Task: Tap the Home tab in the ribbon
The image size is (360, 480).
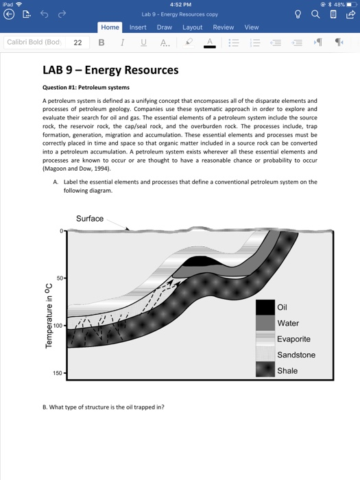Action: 110,27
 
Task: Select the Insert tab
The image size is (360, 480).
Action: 138,27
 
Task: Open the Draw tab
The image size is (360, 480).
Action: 165,27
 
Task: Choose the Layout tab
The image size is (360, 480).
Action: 192,27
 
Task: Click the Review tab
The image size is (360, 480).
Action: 223,27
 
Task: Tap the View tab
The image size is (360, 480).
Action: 252,27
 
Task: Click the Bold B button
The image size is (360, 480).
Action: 101,43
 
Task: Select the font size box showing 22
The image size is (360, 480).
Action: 77,43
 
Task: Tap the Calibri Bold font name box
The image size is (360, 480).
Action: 33,43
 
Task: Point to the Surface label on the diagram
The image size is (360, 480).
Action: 89,219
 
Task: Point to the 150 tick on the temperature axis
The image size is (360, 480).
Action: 58,374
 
